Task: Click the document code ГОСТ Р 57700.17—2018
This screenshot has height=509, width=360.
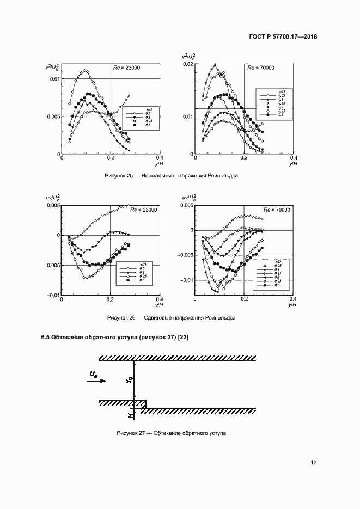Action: pos(283,37)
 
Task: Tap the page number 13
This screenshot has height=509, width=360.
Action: pos(313,463)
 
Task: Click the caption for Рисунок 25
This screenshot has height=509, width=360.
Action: pos(172,176)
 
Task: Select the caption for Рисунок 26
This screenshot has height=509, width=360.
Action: pos(172,318)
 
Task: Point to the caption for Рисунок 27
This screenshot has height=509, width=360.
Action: pos(171,433)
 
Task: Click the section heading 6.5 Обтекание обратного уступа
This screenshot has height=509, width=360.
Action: pos(115,338)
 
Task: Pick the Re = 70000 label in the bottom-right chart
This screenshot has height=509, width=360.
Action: pos(276,210)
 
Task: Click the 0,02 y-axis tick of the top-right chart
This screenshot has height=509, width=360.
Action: pos(187,64)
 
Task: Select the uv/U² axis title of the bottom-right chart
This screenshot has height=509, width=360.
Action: pos(186,199)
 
